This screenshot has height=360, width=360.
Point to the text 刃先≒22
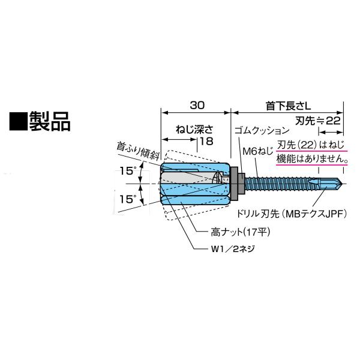(319, 121)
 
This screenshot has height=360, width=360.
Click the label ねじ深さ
(190, 128)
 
